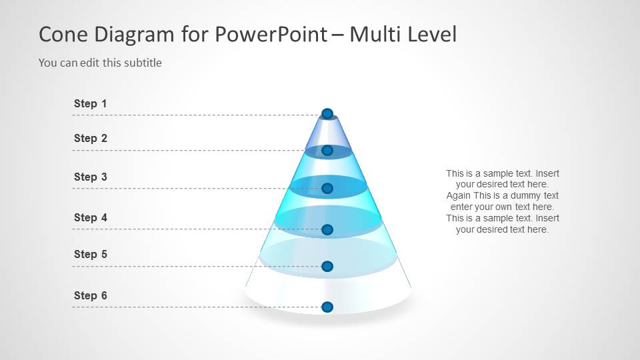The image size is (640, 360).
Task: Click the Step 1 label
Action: point(90,103)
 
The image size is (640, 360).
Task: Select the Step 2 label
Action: point(90,138)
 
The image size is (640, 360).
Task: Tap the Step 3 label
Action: point(90,177)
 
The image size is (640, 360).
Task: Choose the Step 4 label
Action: point(90,217)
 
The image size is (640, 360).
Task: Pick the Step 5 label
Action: point(90,254)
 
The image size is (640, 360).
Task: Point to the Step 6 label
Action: point(90,295)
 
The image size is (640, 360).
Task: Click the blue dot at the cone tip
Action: point(327,113)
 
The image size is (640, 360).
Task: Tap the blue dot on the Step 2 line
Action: point(327,151)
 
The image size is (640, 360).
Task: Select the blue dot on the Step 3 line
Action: point(327,189)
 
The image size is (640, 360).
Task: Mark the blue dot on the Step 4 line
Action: point(327,229)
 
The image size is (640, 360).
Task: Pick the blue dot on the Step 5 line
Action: point(327,266)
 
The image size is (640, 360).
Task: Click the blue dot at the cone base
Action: point(327,307)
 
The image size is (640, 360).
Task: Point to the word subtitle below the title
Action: point(142,63)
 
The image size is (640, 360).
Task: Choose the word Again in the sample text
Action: point(459,196)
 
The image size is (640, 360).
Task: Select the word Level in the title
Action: point(434,34)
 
